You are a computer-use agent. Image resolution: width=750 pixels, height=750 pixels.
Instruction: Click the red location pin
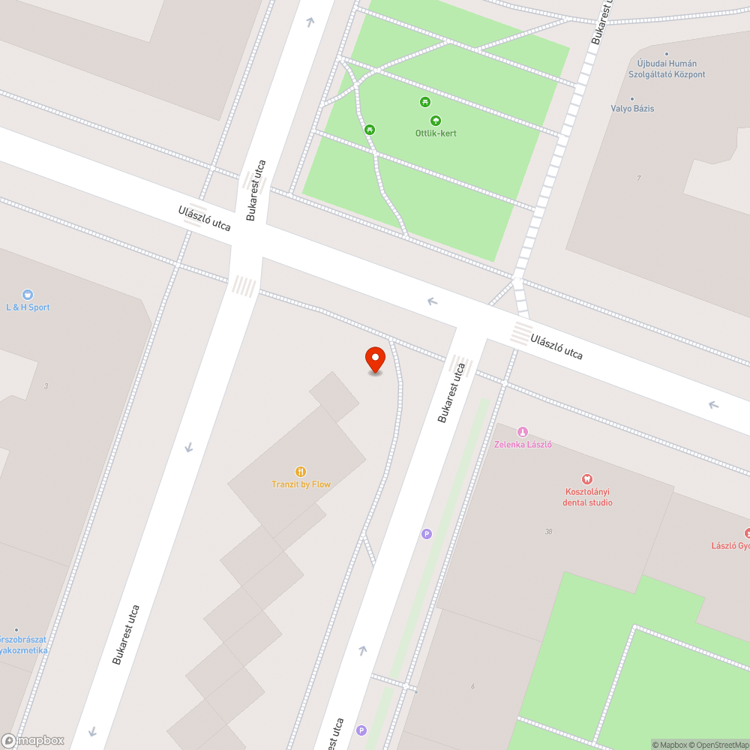point(375,359)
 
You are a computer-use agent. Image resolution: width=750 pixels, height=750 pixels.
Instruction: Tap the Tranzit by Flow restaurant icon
point(301,472)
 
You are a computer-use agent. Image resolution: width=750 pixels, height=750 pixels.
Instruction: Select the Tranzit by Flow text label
point(301,484)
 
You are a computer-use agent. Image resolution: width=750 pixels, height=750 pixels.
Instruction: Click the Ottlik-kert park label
point(436,133)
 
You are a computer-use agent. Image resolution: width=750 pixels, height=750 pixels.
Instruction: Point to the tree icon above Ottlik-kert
point(436,120)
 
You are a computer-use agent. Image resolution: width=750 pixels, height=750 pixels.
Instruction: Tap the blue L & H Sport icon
point(28,295)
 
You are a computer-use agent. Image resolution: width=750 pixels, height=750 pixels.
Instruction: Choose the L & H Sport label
point(28,307)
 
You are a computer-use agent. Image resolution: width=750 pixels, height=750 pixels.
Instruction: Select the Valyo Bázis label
point(632,109)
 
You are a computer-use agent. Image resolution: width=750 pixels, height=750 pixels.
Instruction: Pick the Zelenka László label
point(523,444)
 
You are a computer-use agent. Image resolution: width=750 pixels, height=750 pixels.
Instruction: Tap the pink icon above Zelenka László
point(523,431)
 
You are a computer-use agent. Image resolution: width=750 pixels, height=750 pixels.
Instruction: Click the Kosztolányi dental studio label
point(588,497)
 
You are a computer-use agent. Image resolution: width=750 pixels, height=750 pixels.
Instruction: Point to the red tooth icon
point(587,478)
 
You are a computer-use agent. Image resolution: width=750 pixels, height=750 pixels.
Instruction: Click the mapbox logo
point(33,740)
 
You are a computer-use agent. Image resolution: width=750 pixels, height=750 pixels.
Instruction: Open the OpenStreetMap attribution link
point(718,745)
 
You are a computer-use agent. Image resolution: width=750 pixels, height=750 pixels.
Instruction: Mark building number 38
point(550,532)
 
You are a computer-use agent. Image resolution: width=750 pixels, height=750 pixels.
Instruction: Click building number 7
point(638,178)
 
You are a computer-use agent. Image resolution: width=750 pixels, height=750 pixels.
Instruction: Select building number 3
point(46,386)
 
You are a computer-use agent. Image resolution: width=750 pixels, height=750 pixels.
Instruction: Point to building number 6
point(472,687)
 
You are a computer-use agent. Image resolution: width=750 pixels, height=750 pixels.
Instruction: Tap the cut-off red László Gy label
point(730,545)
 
